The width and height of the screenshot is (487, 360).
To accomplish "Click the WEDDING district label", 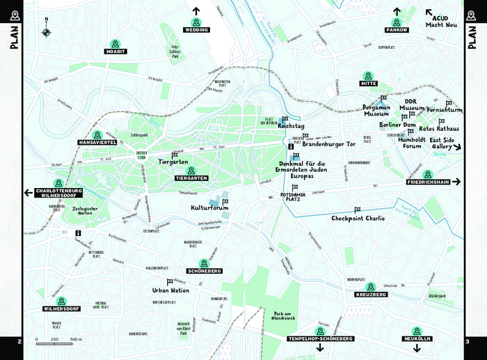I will (196, 31).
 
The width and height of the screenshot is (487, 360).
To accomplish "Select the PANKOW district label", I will (397, 31).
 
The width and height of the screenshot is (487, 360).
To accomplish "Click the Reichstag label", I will (291, 127).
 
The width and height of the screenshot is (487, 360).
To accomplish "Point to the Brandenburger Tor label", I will (328, 144).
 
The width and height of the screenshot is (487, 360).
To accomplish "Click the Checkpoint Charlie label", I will (358, 218).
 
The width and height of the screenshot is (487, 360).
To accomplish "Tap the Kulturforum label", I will (210, 208).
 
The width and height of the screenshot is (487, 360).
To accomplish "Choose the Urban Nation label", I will (170, 290).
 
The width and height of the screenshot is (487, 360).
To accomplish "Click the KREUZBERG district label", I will (371, 295).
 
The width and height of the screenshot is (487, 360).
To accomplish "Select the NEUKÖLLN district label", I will (417, 338).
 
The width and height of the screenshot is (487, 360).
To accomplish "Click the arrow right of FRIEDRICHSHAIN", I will (456, 182).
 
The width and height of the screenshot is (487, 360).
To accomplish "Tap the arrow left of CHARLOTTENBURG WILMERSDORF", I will (29, 193).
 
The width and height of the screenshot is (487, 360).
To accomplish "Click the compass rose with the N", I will (47, 32).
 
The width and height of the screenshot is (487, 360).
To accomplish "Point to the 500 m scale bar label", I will (76, 339).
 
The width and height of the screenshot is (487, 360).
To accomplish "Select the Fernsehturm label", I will (445, 110).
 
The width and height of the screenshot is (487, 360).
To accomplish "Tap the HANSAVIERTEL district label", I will (97, 142).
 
